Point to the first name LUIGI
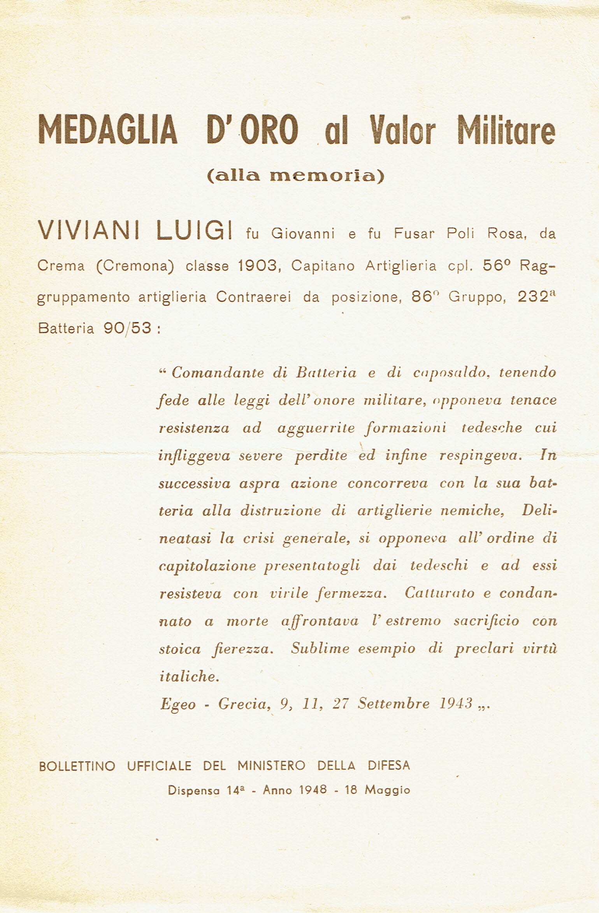pos(195,233)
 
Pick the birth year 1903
pos(257,266)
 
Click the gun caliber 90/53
pos(127,328)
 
